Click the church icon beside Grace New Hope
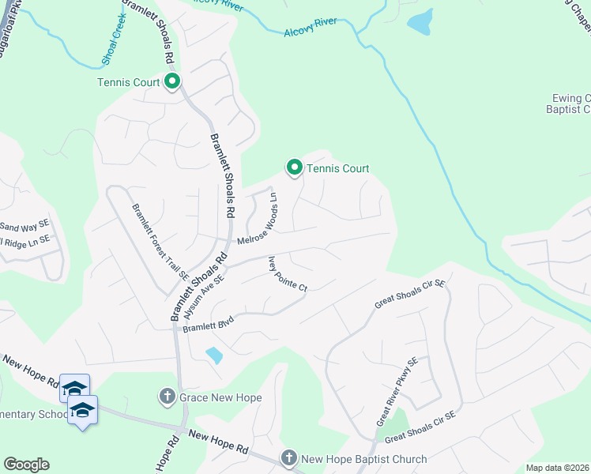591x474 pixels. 167,397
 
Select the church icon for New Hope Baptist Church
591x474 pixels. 289,459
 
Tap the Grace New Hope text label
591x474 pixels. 220,397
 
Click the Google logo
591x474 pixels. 26,465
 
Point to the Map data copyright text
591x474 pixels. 558,468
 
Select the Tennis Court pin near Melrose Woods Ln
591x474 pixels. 294,167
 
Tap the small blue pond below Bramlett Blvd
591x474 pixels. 213,355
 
